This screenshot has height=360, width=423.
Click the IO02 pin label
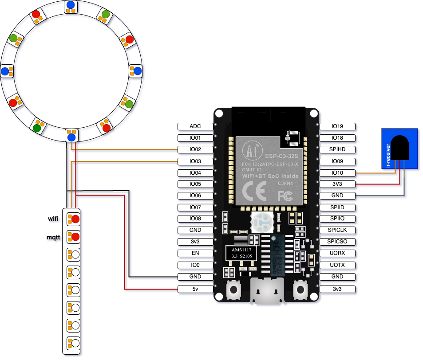(195, 149)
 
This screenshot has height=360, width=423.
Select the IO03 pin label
(195, 161)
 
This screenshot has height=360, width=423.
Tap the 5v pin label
(195, 289)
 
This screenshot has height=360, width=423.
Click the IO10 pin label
(337, 173)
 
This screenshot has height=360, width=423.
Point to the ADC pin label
(195, 126)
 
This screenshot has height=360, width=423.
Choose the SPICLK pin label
(337, 230)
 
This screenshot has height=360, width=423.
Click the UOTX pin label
(337, 265)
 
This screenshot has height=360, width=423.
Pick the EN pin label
(195, 254)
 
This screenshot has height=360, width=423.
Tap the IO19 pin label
(337, 126)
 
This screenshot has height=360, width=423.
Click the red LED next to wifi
(75, 219)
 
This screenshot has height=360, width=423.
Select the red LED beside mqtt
(75, 237)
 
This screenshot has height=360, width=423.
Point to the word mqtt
(53, 237)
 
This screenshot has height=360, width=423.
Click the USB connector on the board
(267, 291)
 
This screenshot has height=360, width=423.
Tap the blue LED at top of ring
(71, 5)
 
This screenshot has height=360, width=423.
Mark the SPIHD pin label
(337, 149)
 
